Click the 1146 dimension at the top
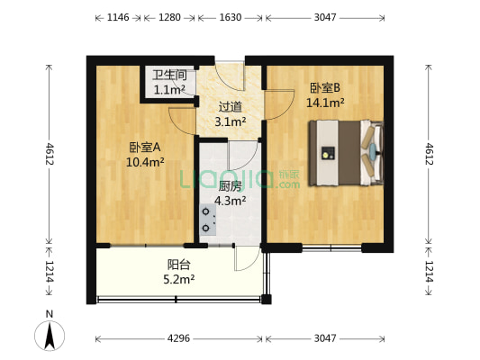[x=118, y=17]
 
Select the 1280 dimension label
[x=169, y=17]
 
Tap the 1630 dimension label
[x=231, y=17]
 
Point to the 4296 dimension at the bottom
[x=178, y=338]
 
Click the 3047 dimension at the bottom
[x=325, y=338]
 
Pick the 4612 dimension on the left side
[x=49, y=154]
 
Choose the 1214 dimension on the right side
[x=430, y=271]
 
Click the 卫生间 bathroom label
[x=169, y=75]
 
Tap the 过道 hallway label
[x=231, y=107]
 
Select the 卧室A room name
[x=145, y=148]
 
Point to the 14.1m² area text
[x=325, y=103]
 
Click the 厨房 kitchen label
[x=231, y=186]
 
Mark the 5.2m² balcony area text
[x=179, y=279]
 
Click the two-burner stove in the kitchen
[x=208, y=220]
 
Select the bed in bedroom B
[x=346, y=153]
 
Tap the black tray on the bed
[x=328, y=153]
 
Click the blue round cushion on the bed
[x=373, y=151]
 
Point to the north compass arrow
[x=50, y=335]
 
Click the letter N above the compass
[x=50, y=314]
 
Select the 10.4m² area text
[x=145, y=162]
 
